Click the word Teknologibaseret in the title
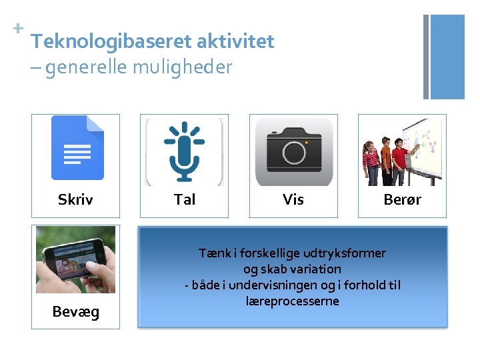[111, 41]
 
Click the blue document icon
[77, 148]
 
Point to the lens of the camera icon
[293, 153]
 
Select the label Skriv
[75, 199]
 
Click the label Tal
[185, 199]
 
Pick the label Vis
[293, 199]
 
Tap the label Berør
[402, 199]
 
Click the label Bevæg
[76, 311]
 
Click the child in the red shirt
[400, 157]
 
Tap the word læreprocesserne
[293, 301]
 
